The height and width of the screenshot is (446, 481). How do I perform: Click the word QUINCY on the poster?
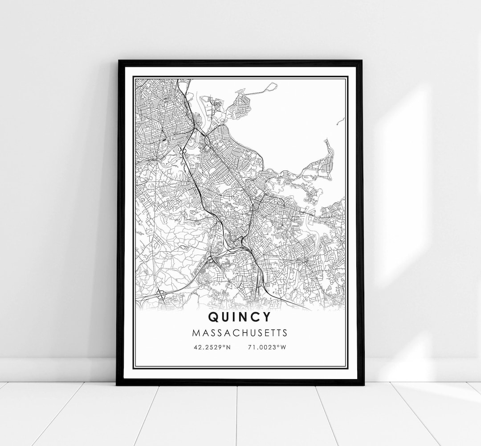pyautogui.click(x=239, y=317)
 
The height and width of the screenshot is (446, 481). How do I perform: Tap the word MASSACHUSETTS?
pyautogui.click(x=240, y=333)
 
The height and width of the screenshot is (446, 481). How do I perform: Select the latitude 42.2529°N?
pyautogui.click(x=212, y=347)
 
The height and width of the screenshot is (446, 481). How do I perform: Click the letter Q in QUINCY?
pyautogui.click(x=213, y=317)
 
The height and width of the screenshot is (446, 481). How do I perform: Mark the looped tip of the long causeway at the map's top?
pyautogui.click(x=273, y=86)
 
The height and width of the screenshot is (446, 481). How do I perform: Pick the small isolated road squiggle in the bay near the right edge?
pyautogui.click(x=341, y=120)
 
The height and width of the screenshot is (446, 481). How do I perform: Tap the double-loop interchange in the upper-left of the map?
pyautogui.click(x=183, y=152)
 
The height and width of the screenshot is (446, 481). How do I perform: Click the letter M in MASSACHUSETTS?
pyautogui.click(x=195, y=333)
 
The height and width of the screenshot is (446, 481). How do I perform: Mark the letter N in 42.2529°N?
pyautogui.click(x=229, y=347)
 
